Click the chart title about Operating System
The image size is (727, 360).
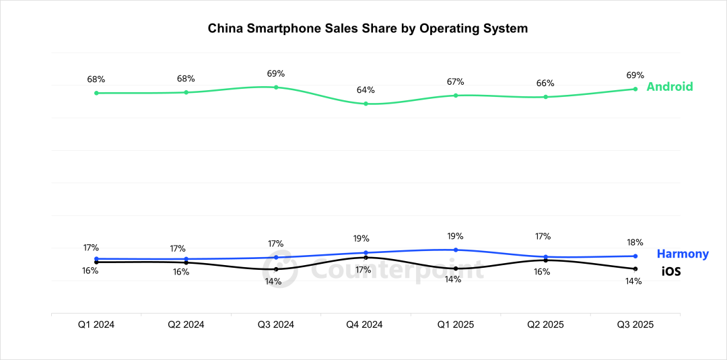click(368, 28)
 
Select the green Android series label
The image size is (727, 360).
click(669, 87)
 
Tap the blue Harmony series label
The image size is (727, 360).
click(682, 254)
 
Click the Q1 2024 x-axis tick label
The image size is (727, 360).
click(96, 324)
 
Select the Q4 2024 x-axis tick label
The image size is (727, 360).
click(366, 324)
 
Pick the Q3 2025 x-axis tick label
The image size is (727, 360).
click(635, 324)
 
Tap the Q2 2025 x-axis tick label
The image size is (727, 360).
click(545, 324)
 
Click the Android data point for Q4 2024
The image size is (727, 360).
click(366, 104)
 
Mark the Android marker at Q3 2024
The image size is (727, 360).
click(276, 87)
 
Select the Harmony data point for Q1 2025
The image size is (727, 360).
click(456, 250)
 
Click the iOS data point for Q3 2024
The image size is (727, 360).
click(276, 269)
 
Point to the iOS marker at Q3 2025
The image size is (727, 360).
click(635, 269)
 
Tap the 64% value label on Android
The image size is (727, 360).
click(366, 90)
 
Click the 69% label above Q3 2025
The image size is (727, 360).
click(635, 75)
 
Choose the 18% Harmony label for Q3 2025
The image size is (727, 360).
click(634, 242)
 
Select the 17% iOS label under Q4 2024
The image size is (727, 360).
click(363, 270)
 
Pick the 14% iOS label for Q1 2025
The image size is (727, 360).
click(452, 279)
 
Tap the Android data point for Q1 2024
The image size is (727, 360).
click(96, 93)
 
